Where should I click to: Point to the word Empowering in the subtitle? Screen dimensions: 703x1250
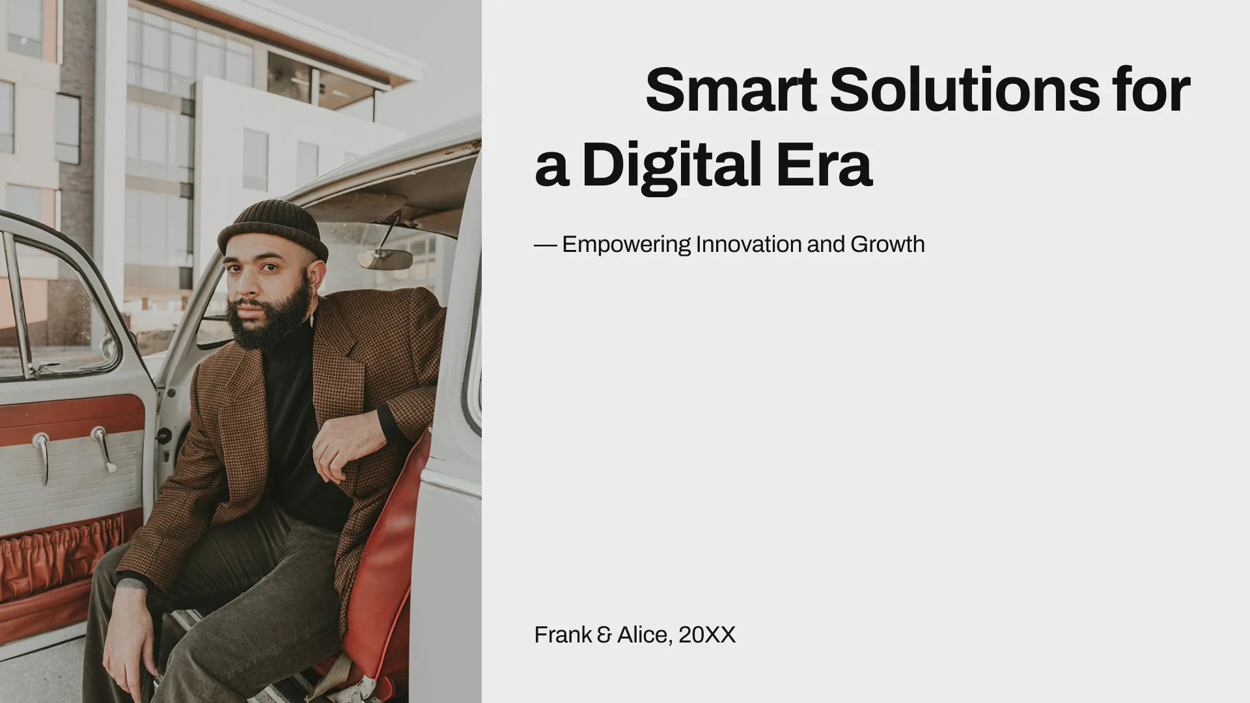626,245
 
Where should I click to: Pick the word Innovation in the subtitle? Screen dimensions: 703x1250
749,245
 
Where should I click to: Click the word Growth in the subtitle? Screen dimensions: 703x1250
887,245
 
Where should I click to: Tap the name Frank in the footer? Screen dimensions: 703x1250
562,635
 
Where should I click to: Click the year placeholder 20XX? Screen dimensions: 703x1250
706,635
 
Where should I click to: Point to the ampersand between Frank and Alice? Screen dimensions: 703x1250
604,635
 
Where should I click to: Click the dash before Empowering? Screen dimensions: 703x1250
545,245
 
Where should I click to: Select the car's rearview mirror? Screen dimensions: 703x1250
385,259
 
